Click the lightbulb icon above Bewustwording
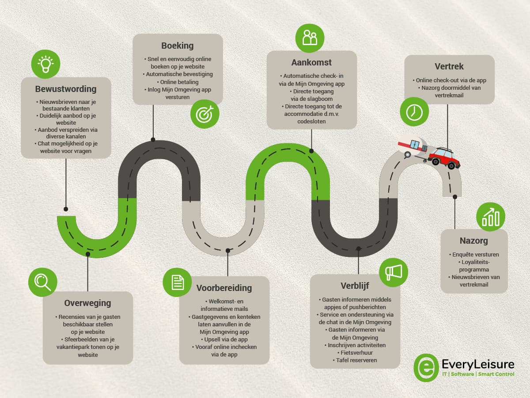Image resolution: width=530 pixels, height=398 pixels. pos(45,64)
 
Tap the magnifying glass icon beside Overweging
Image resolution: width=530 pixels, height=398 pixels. pos(43,282)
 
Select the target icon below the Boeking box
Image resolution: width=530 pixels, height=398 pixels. pos(205,114)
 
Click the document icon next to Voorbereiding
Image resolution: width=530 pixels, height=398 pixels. pos(177,282)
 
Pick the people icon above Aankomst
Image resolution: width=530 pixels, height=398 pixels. pos(310,38)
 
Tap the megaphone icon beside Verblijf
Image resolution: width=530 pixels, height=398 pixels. pos(394,272)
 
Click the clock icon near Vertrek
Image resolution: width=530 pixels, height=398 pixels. pos(414,112)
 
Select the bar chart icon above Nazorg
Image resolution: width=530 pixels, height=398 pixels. pos(491,217)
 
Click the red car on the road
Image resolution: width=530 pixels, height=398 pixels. pos(444,157)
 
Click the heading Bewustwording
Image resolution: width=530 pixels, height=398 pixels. pos(66,89)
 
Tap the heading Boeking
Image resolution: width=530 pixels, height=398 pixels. pos(178,46)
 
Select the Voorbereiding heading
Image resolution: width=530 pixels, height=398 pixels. pos(224,288)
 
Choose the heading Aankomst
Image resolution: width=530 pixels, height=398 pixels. pos(311,62)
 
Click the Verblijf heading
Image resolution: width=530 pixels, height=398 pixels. pos(355,285)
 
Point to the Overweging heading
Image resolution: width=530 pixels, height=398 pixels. pos(87,303)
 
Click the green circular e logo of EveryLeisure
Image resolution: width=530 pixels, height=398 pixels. pos(426,367)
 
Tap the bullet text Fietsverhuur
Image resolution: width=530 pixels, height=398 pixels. pos(355,353)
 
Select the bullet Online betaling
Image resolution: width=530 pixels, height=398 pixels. pos(178,82)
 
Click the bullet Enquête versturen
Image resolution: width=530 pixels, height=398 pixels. pos(474,254)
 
